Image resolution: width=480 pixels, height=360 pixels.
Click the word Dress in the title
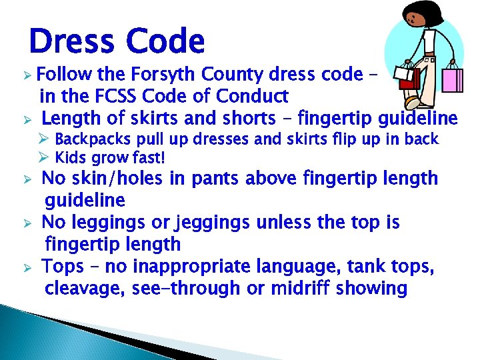(x=70, y=41)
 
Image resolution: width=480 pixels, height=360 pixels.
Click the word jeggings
(x=205, y=223)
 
